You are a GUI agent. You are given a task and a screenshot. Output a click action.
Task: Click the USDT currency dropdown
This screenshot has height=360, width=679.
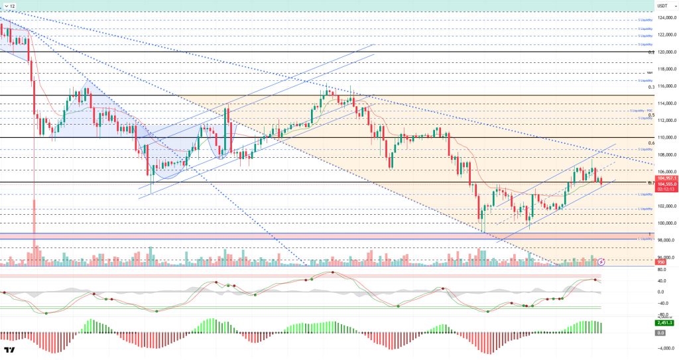click(661, 6)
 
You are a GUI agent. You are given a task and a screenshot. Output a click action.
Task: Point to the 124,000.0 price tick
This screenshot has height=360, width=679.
click(665, 17)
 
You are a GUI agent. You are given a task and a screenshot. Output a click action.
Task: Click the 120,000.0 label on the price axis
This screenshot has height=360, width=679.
click(665, 52)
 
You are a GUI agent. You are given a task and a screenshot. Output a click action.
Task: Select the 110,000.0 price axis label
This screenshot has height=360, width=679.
click(665, 137)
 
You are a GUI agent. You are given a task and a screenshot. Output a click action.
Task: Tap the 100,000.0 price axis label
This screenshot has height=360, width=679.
click(665, 223)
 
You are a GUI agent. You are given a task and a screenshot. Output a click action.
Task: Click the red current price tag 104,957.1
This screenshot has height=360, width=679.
click(665, 178)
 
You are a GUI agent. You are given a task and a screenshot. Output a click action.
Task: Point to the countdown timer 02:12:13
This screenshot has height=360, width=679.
click(665, 189)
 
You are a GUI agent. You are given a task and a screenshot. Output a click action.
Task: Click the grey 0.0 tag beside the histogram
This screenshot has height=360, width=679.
click(660, 332)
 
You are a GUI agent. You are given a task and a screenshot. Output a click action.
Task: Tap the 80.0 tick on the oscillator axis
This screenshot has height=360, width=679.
click(660, 269)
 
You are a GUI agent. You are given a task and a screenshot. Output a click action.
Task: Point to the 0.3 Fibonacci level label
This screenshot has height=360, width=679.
click(651, 88)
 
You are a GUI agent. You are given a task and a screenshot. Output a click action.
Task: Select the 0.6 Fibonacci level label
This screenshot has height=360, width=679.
click(651, 143)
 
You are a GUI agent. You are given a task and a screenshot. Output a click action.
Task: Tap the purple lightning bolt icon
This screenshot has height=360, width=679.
click(602, 263)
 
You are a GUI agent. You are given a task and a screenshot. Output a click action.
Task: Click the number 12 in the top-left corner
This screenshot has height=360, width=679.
click(11, 6)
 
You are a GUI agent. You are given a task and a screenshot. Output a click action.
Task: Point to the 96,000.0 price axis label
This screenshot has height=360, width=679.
click(665, 258)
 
